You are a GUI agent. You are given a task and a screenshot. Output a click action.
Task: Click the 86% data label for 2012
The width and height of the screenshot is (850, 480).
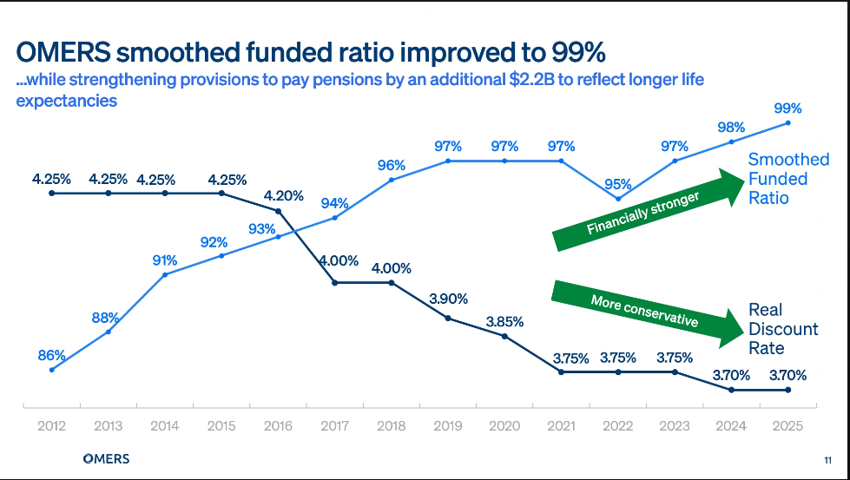pos(52,354)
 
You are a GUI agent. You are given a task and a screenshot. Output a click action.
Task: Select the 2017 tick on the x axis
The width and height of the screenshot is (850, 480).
pos(334,425)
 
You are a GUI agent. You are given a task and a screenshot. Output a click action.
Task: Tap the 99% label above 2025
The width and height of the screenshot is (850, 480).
pos(787,108)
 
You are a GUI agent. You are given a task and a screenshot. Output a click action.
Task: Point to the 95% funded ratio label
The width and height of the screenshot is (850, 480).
pos(618,183)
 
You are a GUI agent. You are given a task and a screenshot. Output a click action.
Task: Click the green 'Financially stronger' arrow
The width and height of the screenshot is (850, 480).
pos(645,209)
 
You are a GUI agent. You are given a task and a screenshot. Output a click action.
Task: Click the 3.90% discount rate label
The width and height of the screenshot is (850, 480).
pos(448,299)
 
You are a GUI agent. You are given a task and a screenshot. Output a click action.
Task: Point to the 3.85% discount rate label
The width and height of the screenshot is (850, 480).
pos(504,320)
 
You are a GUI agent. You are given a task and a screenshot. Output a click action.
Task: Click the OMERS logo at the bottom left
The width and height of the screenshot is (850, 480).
pos(105,458)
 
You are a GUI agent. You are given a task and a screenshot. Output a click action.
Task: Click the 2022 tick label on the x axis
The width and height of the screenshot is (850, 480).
pos(617,425)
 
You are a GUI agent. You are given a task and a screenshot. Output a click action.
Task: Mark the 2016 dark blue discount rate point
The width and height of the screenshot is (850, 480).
pos(278,211)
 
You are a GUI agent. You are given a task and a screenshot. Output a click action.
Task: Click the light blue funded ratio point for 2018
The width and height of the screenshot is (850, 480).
pos(392,180)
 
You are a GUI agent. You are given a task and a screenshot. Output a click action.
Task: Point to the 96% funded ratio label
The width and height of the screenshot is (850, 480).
pos(392,165)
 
